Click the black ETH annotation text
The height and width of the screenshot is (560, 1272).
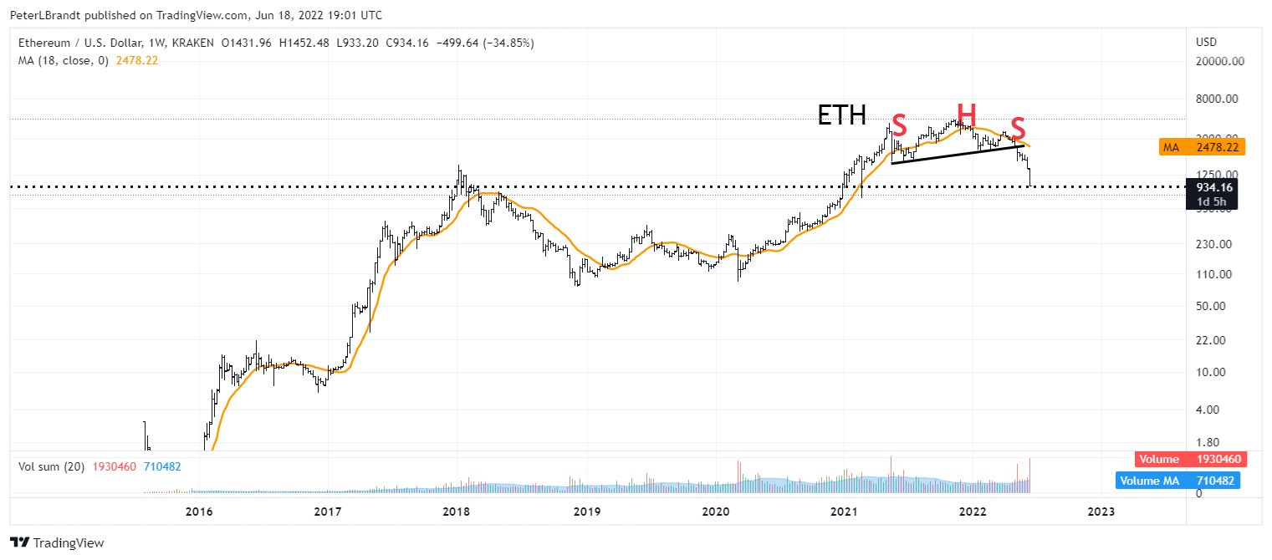[841, 115]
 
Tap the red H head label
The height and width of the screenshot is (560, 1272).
[966, 113]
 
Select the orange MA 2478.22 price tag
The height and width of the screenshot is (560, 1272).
[1202, 147]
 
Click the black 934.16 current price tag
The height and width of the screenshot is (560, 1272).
[1215, 187]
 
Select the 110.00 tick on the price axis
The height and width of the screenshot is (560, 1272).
[1218, 274]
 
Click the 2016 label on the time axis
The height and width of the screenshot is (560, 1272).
[198, 512]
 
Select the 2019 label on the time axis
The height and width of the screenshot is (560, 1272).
[585, 512]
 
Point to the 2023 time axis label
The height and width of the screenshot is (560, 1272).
[1101, 512]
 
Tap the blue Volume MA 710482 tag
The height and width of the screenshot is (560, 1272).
[1177, 481]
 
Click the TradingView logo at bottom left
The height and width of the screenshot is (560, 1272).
[57, 542]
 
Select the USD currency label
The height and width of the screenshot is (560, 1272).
[1207, 42]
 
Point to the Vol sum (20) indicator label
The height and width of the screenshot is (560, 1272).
[51, 466]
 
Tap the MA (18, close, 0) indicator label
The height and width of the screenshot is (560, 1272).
[63, 60]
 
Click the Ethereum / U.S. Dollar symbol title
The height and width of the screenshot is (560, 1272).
[84, 43]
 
